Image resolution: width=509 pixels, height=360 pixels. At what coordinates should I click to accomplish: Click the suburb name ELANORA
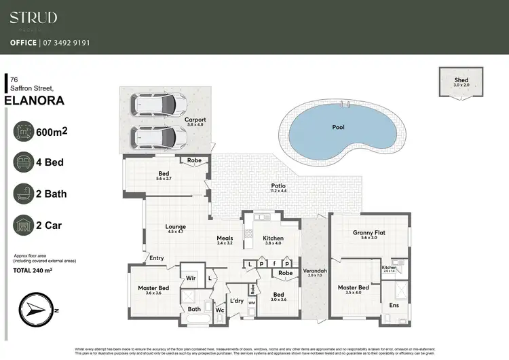34,101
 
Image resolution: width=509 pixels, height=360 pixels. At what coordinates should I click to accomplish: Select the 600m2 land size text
54,132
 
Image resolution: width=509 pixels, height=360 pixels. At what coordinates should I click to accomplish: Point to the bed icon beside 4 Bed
25,163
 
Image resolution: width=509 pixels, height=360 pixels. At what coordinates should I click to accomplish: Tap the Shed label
461,80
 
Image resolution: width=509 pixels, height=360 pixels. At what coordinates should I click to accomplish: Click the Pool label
338,127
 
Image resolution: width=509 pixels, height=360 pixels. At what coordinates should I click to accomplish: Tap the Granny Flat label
369,233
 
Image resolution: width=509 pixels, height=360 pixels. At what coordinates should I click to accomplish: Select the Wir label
191,278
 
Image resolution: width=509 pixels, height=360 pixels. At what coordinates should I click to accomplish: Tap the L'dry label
236,300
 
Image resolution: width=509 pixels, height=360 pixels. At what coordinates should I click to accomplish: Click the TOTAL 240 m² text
33,270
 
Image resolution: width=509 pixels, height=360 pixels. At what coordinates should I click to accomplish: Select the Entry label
157,258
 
